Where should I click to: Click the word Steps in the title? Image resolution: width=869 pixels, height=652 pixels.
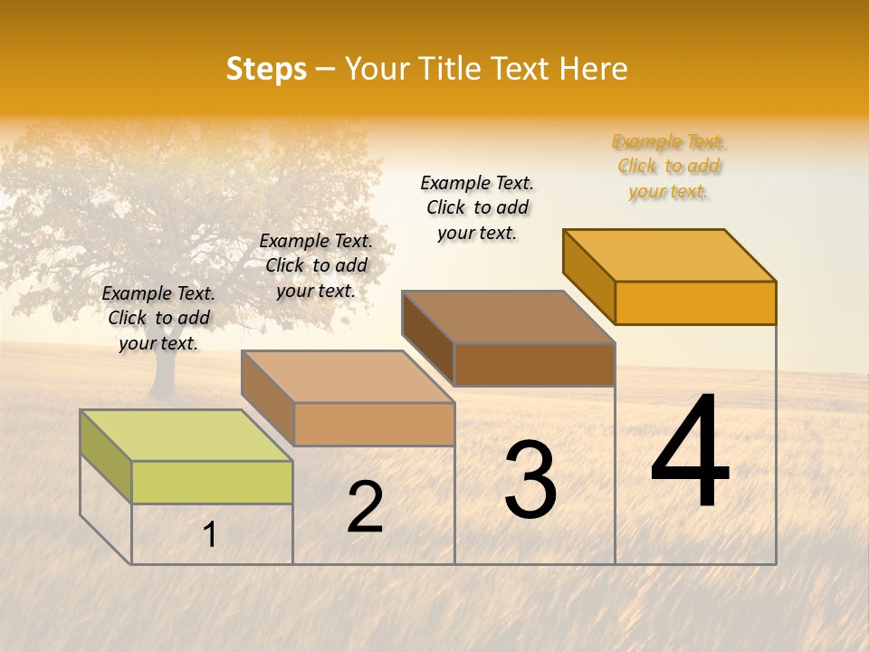[x=266, y=69]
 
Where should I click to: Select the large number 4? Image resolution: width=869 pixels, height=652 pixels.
[x=691, y=454]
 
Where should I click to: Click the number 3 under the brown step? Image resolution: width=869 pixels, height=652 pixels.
[x=530, y=480]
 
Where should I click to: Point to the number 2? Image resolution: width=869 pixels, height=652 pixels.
[x=366, y=507]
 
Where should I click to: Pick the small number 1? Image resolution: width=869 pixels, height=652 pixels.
[x=210, y=535]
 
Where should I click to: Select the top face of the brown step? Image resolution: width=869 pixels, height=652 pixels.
[x=508, y=317]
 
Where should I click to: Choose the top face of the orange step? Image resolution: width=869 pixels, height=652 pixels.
[x=669, y=255]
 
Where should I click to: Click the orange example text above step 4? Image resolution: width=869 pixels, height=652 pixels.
[x=669, y=167]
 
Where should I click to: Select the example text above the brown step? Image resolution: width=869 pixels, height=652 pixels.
[x=477, y=207]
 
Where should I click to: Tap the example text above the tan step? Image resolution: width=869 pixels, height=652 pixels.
[x=316, y=265]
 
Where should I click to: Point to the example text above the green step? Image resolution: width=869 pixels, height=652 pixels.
[x=158, y=318]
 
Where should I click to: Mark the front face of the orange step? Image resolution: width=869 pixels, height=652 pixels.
[x=695, y=302]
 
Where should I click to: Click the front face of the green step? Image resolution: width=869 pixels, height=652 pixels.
[x=212, y=482]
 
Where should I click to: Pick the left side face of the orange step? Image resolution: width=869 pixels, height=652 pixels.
[x=588, y=276]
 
